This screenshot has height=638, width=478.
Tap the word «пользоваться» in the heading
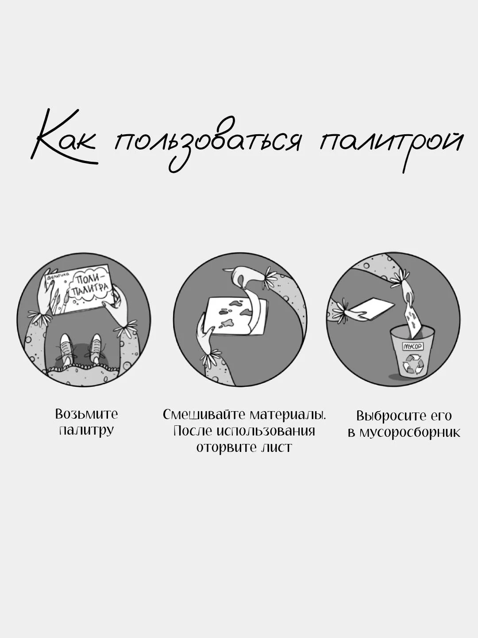pyautogui.click(x=207, y=142)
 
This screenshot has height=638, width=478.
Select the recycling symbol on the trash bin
pyautogui.click(x=412, y=364)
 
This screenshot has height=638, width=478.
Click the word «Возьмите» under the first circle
pyautogui.click(x=86, y=414)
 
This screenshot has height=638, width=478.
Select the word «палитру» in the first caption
pyautogui.click(x=86, y=431)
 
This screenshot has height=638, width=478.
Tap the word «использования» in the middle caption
pyautogui.click(x=266, y=431)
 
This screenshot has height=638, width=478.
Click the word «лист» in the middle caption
pyautogui.click(x=277, y=447)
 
